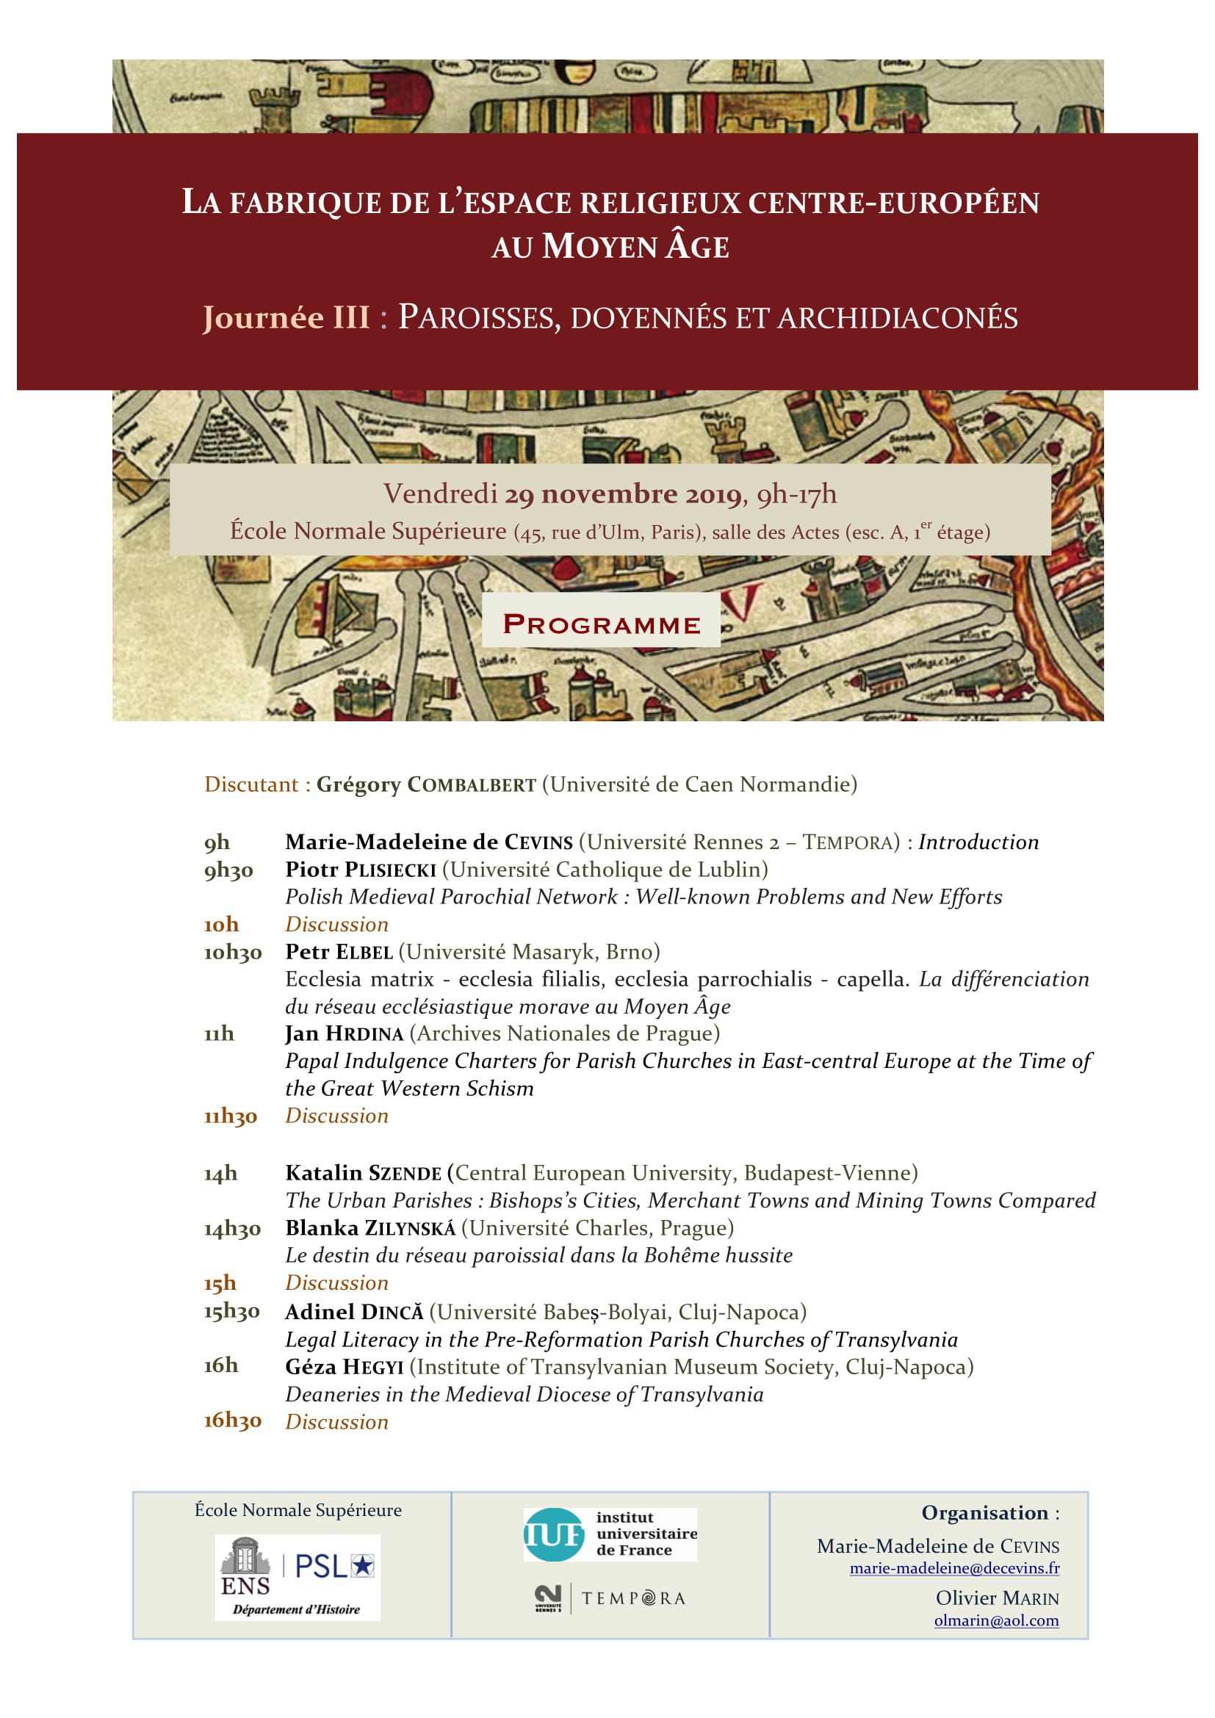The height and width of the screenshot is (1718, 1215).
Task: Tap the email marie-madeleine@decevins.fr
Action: point(954,1568)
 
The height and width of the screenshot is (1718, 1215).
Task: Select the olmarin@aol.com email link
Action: point(996,1621)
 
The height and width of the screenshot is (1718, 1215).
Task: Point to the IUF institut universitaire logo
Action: point(610,1534)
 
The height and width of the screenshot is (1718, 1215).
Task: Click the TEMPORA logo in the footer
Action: point(610,1598)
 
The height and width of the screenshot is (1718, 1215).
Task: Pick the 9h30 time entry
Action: point(229,870)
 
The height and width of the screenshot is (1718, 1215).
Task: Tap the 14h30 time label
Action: point(232,1229)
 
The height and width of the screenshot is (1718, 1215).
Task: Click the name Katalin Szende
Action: point(363,1173)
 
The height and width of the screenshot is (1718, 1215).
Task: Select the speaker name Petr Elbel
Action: point(339,953)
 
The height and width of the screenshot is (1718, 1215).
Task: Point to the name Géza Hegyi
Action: point(344,1367)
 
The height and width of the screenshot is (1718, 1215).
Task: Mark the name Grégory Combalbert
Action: point(427,785)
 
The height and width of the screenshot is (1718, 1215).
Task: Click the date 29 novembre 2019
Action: point(622,494)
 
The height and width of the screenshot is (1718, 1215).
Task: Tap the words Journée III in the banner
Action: point(286,318)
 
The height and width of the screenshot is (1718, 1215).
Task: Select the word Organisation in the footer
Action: point(984,1513)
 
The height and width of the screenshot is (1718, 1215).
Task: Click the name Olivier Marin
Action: point(997,1598)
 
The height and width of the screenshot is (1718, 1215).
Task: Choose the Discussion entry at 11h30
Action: point(336,1116)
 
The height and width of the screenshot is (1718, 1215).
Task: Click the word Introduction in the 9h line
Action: point(978,842)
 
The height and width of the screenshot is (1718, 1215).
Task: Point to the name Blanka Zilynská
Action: point(370,1229)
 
